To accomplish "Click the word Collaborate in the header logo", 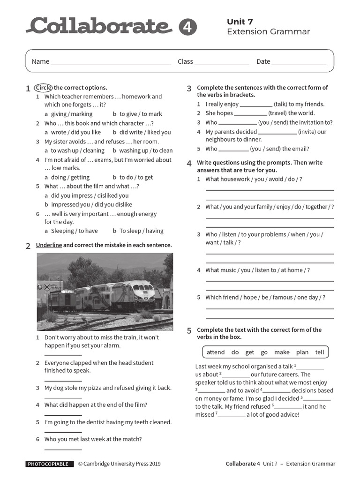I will pos(99,26).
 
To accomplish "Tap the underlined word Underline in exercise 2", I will pos(49,245).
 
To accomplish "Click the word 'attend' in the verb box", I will pos(216,352).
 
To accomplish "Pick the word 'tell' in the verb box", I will pos(319,352).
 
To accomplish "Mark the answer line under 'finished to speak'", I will pos(63,381).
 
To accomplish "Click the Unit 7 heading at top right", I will pos(240,22).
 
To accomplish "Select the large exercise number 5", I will pos(189,331).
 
